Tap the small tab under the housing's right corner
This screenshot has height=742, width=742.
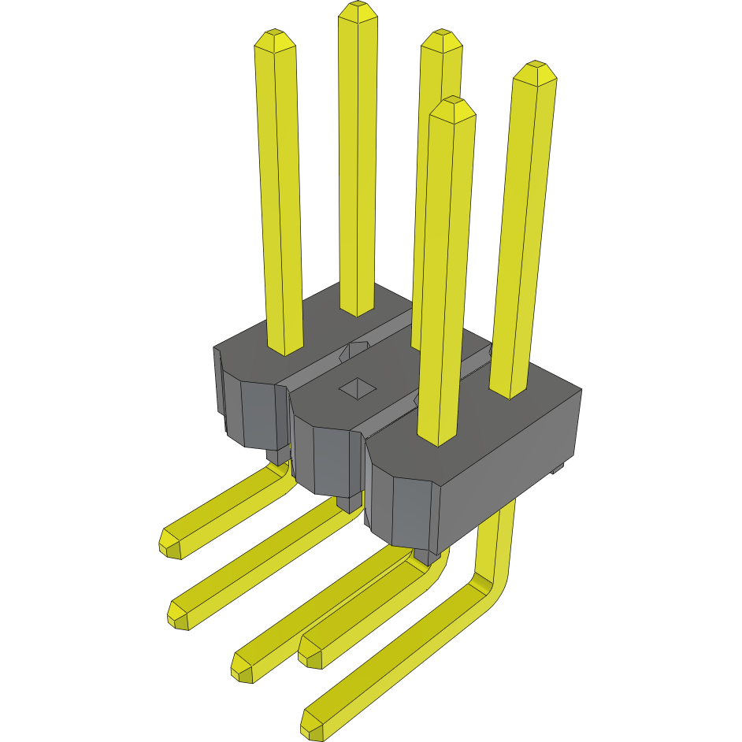(558, 469)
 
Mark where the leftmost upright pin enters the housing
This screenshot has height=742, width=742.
(285, 349)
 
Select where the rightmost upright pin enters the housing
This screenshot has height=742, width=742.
(510, 391)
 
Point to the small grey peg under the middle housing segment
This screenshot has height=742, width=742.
(348, 503)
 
